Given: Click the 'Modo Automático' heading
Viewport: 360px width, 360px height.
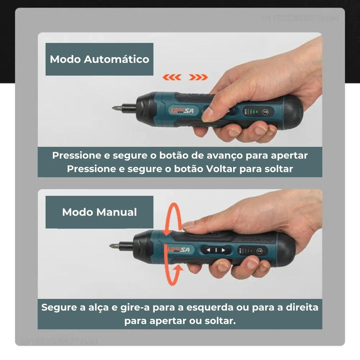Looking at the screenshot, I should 99,59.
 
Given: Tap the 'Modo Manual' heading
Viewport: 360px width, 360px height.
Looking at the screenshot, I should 99,212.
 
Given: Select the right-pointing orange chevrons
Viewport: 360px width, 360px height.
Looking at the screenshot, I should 198,77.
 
